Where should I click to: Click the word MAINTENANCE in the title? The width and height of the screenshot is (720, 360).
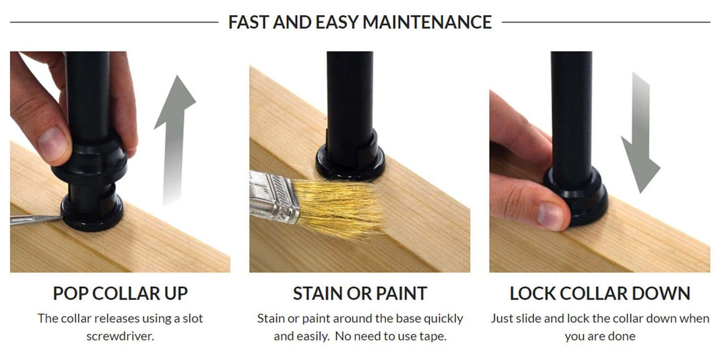[x=427, y=22]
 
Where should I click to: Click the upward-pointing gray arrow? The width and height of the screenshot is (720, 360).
[x=174, y=140]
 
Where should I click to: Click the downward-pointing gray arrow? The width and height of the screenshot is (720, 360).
[x=641, y=132]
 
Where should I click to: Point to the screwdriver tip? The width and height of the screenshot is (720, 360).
[x=61, y=218]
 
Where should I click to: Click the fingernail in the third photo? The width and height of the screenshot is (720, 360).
[x=550, y=216]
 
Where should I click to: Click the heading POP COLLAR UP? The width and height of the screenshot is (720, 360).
[x=120, y=293]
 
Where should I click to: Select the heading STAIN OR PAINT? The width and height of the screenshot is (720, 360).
[x=360, y=293]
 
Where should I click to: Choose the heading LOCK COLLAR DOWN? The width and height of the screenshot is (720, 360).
[x=600, y=293]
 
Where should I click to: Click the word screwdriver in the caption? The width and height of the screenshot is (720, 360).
[x=120, y=336]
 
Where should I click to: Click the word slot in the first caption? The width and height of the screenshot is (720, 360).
[x=193, y=318]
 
